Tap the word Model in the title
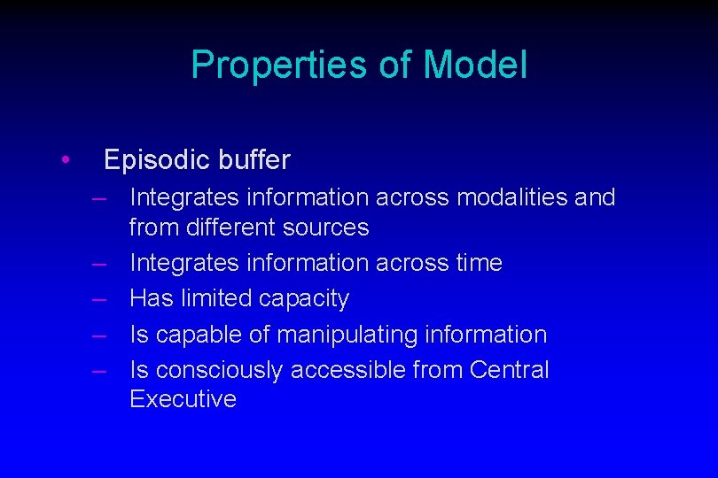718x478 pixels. [475, 66]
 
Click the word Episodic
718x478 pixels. [156, 160]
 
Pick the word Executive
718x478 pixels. [183, 399]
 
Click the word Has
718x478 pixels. [151, 299]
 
